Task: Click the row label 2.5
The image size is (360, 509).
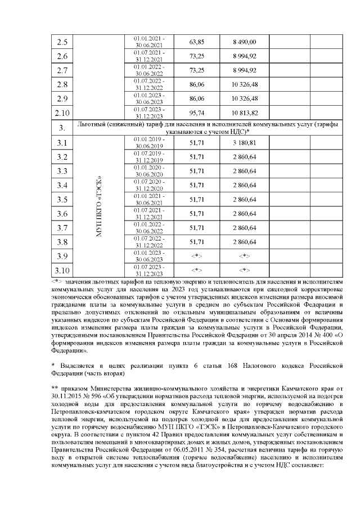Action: pos(62,42)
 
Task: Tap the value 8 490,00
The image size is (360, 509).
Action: pos(245,42)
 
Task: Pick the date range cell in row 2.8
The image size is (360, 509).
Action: pos(149,84)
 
